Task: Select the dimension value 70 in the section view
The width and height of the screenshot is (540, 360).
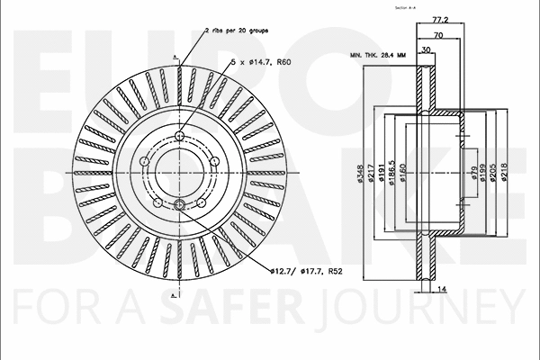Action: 438,35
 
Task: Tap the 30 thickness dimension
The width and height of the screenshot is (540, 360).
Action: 425,51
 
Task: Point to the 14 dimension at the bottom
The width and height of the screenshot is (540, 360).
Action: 442,289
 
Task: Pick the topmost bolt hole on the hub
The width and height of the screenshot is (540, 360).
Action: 179,136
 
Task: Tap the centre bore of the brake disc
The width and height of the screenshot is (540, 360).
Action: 179,171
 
